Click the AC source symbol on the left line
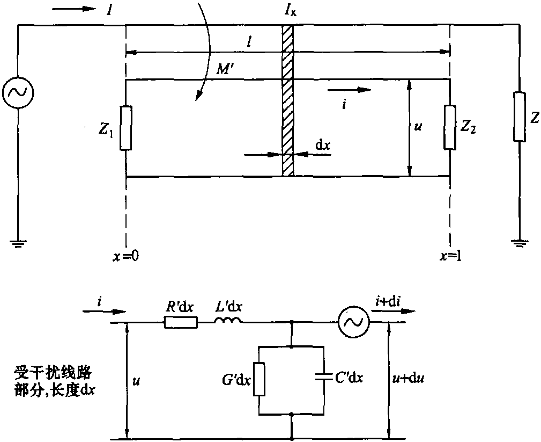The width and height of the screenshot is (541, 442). (18, 92)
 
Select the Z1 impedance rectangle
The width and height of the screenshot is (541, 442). (125, 128)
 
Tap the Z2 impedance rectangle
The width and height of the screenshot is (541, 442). (449, 128)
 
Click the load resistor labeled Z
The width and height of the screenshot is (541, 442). (519, 117)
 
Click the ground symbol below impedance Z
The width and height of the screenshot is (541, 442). (519, 243)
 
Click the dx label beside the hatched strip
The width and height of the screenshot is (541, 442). (323, 145)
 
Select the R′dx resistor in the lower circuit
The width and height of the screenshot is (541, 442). (181, 322)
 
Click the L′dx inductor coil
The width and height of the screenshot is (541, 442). (228, 321)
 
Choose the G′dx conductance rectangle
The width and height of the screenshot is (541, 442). (259, 378)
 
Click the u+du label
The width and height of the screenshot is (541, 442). (407, 379)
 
